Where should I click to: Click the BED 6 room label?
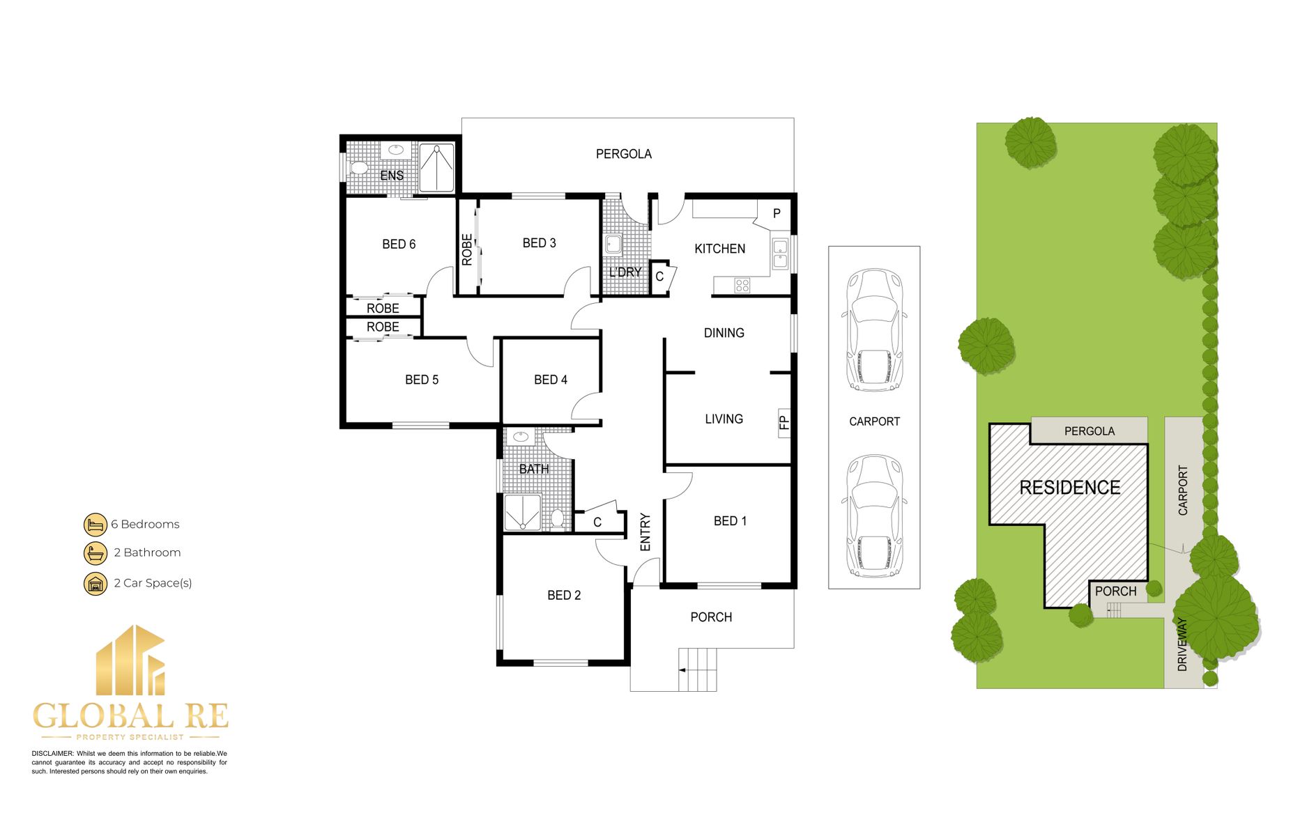[399, 245]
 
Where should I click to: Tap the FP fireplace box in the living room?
[784, 423]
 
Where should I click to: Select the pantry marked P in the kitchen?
[777, 214]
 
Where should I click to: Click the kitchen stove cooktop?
[742, 285]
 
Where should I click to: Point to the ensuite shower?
[437, 167]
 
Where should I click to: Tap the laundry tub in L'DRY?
[613, 245]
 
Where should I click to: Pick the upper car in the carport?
[874, 330]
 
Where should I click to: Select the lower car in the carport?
[874, 516]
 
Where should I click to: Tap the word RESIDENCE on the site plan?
[1070, 488]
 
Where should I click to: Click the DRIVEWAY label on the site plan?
[1182, 644]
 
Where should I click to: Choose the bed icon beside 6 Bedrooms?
[95, 525]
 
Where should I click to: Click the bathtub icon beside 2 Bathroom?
[95, 553]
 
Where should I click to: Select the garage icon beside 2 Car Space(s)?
[95, 584]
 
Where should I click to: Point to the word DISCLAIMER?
[52, 754]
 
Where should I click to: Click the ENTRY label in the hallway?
[645, 533]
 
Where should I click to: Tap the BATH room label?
[534, 470]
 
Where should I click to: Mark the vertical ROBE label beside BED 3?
[467, 249]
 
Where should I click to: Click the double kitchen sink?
[781, 254]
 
